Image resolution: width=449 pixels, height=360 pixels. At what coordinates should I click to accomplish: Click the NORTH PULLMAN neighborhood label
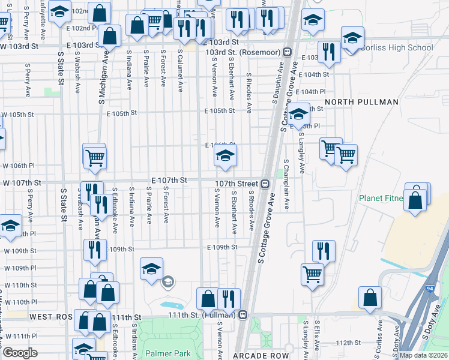point(362,102)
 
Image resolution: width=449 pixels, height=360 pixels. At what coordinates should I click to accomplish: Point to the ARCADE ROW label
point(261,356)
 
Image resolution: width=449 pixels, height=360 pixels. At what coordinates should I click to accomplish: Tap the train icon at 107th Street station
point(265,183)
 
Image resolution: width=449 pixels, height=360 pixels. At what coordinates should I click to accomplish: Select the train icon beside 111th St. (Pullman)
point(243,314)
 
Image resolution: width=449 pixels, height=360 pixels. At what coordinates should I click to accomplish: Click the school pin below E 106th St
point(225,157)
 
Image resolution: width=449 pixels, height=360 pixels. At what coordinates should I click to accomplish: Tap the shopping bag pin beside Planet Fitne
point(415,200)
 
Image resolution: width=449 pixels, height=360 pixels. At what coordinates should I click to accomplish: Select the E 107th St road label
point(170,180)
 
